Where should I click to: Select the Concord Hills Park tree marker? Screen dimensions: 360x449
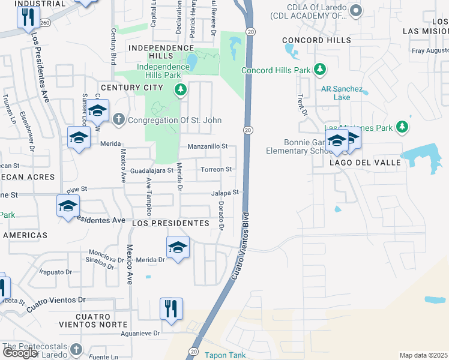[321, 70]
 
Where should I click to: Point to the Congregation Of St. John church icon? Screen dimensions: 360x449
[119, 119]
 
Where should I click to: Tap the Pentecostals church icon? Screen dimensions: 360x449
[76, 349]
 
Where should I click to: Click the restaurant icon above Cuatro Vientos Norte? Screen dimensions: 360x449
[172, 309]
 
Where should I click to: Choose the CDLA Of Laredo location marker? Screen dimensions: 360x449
[355, 10]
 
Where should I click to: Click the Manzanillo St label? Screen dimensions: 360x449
[208, 146]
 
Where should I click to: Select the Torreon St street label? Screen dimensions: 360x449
[216, 170]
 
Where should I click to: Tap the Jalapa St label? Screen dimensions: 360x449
[225, 193]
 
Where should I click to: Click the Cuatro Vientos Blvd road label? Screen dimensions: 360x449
[238, 250]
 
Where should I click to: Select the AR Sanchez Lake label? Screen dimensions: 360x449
[343, 92]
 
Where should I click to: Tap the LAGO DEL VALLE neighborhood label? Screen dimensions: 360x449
[355, 163]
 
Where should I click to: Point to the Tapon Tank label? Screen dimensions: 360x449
[225, 355]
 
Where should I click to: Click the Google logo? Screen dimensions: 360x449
[20, 353]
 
